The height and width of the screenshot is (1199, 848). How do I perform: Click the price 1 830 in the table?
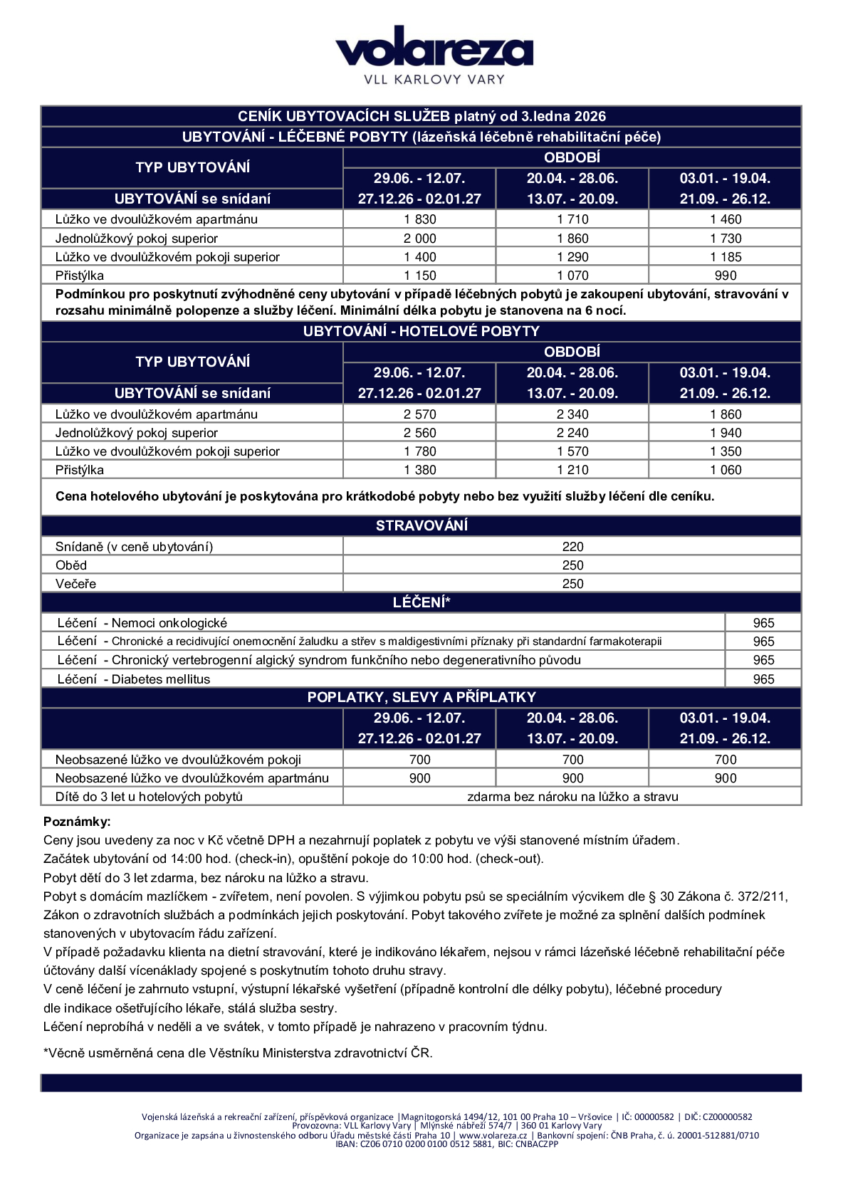419,219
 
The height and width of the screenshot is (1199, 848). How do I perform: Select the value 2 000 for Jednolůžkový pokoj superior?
419,239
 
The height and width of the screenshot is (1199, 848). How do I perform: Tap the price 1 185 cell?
725,257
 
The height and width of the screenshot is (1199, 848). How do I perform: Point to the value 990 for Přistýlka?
725,276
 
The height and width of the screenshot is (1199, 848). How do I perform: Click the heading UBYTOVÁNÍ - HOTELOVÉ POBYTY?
421,331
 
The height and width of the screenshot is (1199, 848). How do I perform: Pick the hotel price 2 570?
419,414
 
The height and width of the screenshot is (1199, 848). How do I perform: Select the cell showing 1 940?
725,433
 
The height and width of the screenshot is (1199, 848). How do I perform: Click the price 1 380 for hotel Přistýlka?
419,470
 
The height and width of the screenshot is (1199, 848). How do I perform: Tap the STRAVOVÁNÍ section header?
421,525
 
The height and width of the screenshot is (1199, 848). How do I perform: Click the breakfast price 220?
572,547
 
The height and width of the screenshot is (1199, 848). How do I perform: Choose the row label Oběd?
71,565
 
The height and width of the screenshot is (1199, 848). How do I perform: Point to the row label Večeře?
75,584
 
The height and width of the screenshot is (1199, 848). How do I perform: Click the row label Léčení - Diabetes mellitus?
134,679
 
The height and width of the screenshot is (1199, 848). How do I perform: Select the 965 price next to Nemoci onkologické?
763,623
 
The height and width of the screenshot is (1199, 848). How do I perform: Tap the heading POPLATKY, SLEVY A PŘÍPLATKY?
421,697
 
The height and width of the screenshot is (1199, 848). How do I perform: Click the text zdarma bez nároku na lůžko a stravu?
572,797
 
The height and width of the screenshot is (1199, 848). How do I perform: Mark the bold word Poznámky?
77,822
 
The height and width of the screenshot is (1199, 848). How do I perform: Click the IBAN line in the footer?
446,1144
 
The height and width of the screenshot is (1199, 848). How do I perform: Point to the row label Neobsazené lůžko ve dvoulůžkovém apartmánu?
192,778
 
